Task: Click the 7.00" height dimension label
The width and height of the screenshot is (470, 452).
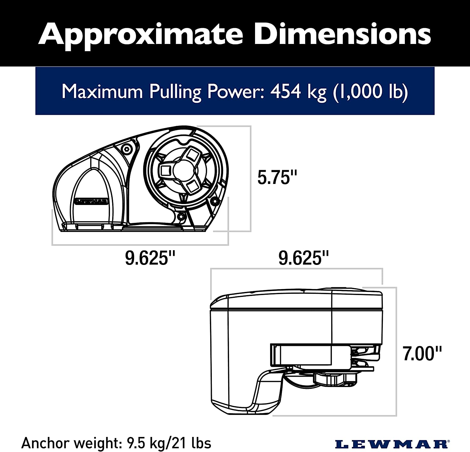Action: coord(422,353)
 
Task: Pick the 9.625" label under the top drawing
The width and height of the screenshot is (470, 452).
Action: coord(150,258)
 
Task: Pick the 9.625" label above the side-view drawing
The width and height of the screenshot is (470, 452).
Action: coord(304,258)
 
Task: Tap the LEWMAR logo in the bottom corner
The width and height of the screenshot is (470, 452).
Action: coord(391,444)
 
